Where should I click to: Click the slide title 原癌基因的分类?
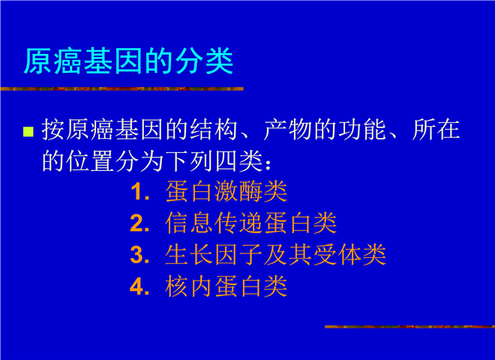click(128, 61)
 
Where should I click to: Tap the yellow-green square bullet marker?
click(28, 132)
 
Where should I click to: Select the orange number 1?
click(139, 192)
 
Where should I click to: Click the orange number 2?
click(139, 223)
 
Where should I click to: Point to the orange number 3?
click(139, 255)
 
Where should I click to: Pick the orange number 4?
click(139, 286)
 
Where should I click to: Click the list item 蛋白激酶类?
click(226, 192)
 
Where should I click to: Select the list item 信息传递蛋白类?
click(250, 223)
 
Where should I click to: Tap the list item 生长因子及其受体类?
click(275, 255)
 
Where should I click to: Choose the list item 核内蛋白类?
click(226, 286)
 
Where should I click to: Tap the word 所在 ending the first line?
click(436, 130)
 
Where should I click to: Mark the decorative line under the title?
click(121, 89)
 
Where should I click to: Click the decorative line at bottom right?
click(409, 327)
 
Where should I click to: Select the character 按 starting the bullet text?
click(53, 130)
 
